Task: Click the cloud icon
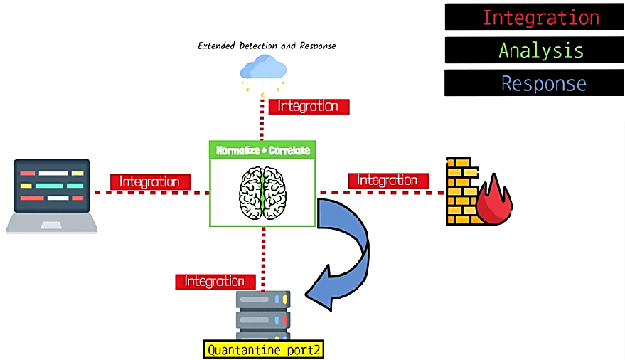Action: [x=263, y=68]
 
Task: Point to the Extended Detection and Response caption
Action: [x=267, y=46]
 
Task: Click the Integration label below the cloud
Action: [x=308, y=106]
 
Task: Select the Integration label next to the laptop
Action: [x=150, y=182]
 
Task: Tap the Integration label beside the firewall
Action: [x=388, y=181]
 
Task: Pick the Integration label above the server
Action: [x=215, y=282]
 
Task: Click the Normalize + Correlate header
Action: [x=262, y=150]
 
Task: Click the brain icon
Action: [x=263, y=191]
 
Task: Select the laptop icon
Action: [x=52, y=196]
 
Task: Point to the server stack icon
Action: [x=263, y=315]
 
